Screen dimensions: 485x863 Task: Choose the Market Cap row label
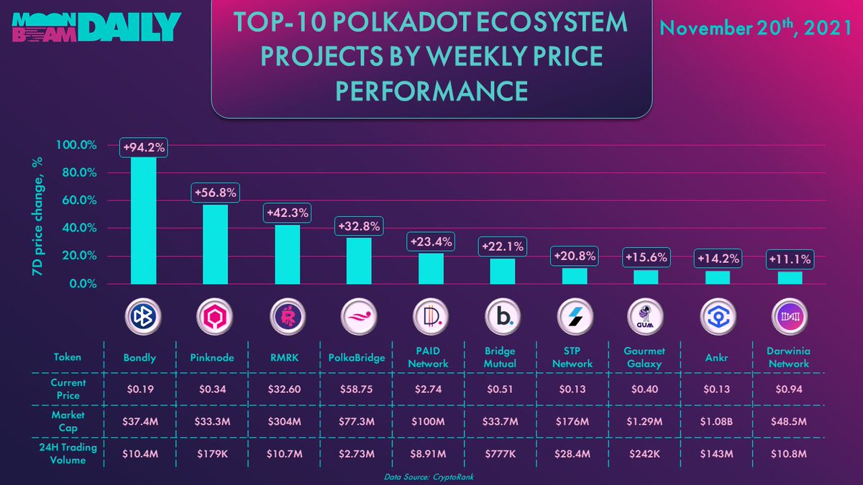[x=69, y=422]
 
